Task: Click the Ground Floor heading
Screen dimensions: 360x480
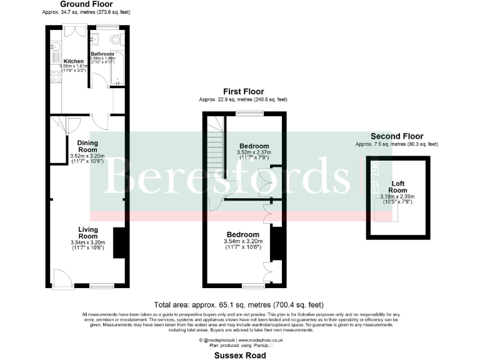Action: pyautogui.click(x=86, y=4)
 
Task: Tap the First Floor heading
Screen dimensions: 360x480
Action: pyautogui.click(x=243, y=92)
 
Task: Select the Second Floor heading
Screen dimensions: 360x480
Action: pyautogui.click(x=397, y=136)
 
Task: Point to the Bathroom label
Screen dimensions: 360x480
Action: pyautogui.click(x=102, y=54)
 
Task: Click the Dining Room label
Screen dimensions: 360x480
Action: pyautogui.click(x=87, y=146)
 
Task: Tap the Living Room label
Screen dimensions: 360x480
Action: pyautogui.click(x=87, y=232)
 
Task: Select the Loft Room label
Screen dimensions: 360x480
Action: pyautogui.click(x=398, y=187)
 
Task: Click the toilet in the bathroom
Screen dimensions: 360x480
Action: pyautogui.click(x=116, y=39)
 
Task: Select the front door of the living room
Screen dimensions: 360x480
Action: pyautogui.click(x=61, y=277)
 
